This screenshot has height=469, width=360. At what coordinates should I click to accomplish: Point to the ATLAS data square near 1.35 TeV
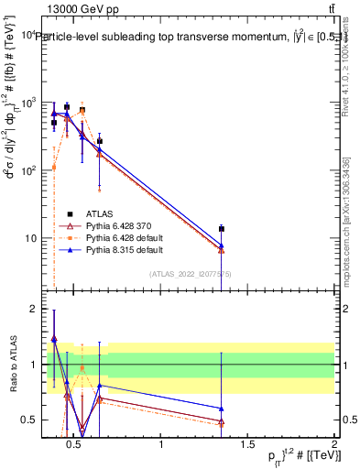tap(221, 229)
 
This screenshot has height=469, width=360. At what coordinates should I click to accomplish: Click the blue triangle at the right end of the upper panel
tap(221, 245)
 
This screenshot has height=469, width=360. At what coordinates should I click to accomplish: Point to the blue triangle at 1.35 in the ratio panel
tap(221, 409)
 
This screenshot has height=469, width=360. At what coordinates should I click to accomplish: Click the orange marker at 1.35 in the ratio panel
tap(221, 424)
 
